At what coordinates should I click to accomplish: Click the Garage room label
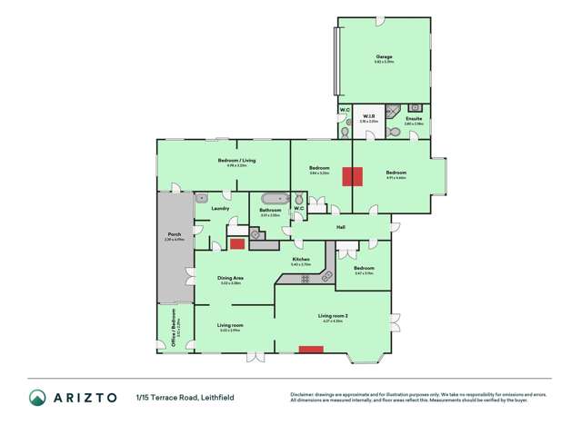(382, 57)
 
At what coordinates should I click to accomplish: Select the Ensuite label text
(414, 119)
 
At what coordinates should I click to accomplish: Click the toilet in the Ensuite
(392, 132)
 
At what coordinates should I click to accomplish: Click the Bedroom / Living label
(237, 161)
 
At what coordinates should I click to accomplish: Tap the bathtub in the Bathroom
(272, 198)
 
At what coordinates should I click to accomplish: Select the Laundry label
(219, 209)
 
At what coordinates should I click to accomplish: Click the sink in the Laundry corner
(202, 196)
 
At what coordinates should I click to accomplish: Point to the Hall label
(341, 227)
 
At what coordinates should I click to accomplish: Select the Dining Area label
(230, 278)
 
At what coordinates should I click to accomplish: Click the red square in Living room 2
(311, 348)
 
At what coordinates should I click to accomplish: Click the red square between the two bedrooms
(352, 176)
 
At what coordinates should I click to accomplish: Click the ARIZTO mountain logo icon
(37, 398)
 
